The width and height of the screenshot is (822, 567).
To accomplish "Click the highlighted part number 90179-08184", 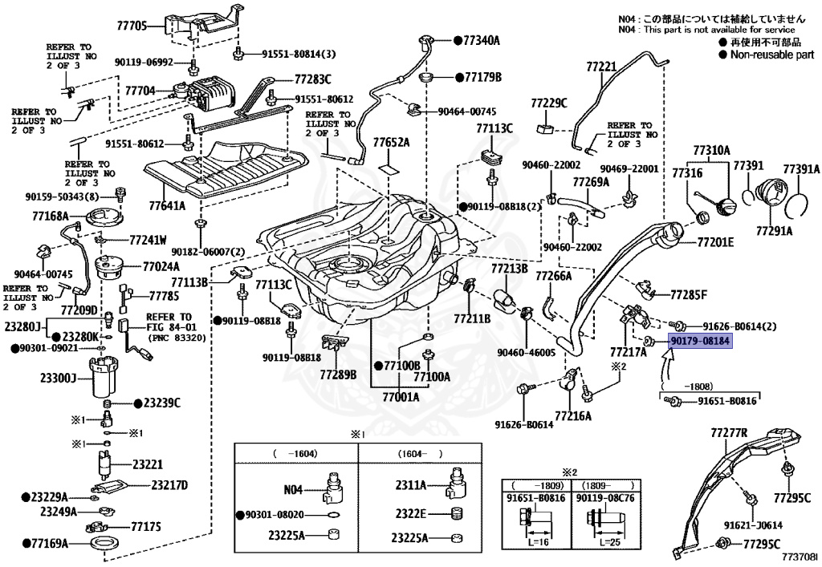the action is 700,342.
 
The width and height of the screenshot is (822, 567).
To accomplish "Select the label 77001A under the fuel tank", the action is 401,397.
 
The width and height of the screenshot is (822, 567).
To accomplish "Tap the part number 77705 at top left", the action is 132,26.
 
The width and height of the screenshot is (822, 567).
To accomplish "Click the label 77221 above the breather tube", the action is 601,67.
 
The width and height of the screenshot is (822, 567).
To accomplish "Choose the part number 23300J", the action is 58,377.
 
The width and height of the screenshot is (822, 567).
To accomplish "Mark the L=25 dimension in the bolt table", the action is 610,542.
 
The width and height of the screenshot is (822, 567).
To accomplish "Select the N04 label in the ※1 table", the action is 293,489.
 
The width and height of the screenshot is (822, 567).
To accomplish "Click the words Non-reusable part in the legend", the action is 772,55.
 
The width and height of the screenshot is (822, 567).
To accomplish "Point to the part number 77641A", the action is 167,206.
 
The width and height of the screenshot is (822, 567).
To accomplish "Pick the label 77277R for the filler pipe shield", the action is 729,433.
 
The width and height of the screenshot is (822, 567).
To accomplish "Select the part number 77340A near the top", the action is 482,40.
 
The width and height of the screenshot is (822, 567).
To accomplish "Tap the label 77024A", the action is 161,266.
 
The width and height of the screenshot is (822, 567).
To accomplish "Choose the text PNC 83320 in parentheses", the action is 177,338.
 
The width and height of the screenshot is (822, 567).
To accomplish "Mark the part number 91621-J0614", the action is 753,524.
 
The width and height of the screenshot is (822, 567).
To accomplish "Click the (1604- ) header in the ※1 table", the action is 419,454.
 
